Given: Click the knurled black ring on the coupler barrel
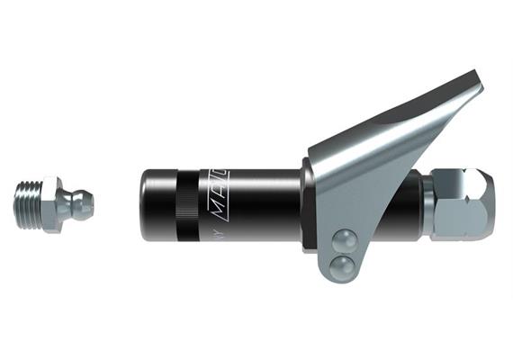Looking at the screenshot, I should click(x=184, y=204).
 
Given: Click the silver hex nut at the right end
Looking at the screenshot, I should click(x=463, y=202).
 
